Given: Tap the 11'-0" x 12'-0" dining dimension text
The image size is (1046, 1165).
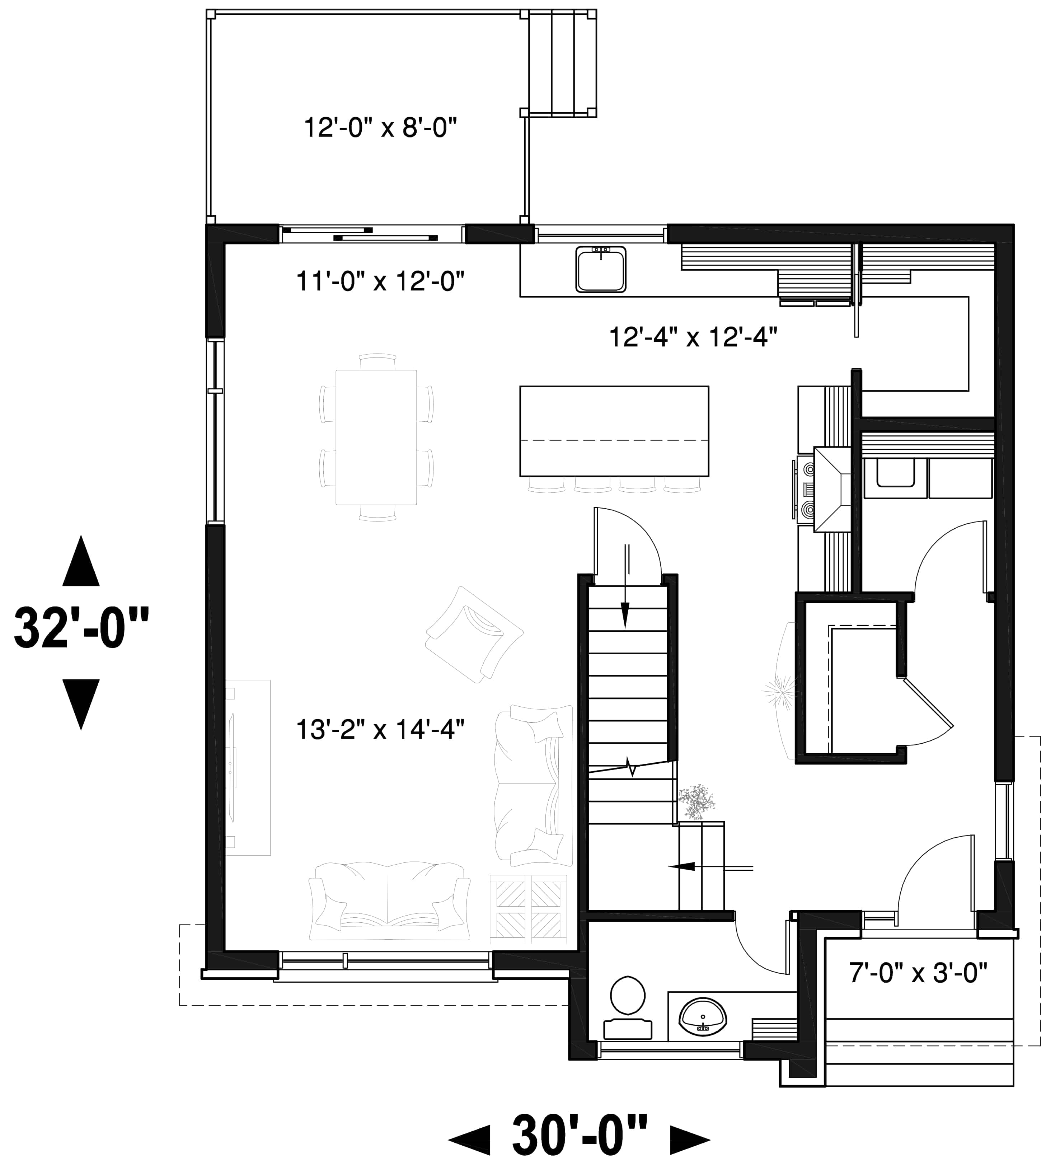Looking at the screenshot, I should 380,282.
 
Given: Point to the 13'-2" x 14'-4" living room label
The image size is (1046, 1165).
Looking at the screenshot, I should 380,730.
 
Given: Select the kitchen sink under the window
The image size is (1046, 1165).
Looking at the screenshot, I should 601,268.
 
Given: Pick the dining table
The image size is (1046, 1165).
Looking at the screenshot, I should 376,437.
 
